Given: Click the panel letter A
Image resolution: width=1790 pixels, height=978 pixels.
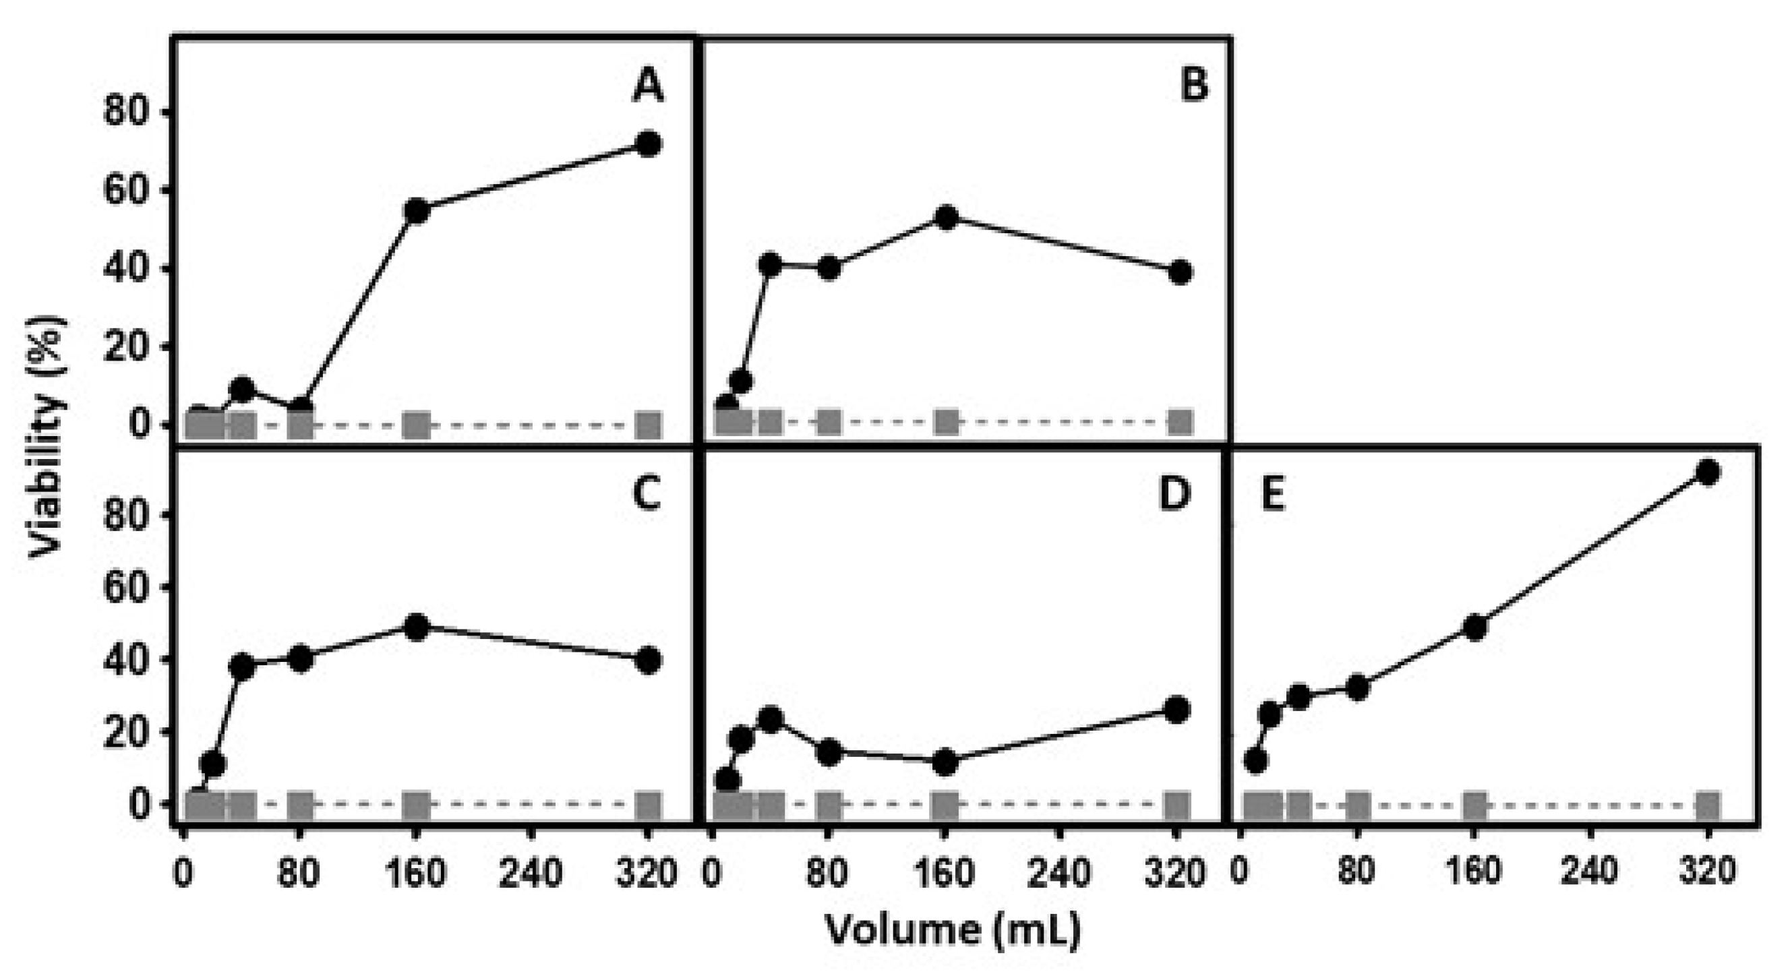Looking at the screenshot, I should [x=647, y=88].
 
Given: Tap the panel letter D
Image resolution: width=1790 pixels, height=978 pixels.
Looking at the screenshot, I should [x=1176, y=494].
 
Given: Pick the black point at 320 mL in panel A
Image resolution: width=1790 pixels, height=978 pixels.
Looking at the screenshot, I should [x=648, y=144].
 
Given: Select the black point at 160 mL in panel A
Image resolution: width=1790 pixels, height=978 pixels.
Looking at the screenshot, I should [x=417, y=211].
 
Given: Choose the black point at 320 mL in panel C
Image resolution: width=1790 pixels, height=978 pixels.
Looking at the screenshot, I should [x=648, y=660].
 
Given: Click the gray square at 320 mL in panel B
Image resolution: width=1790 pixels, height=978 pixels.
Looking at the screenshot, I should [x=1180, y=422].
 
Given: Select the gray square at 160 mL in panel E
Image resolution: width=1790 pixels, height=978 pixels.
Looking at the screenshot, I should [x=1474, y=805].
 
